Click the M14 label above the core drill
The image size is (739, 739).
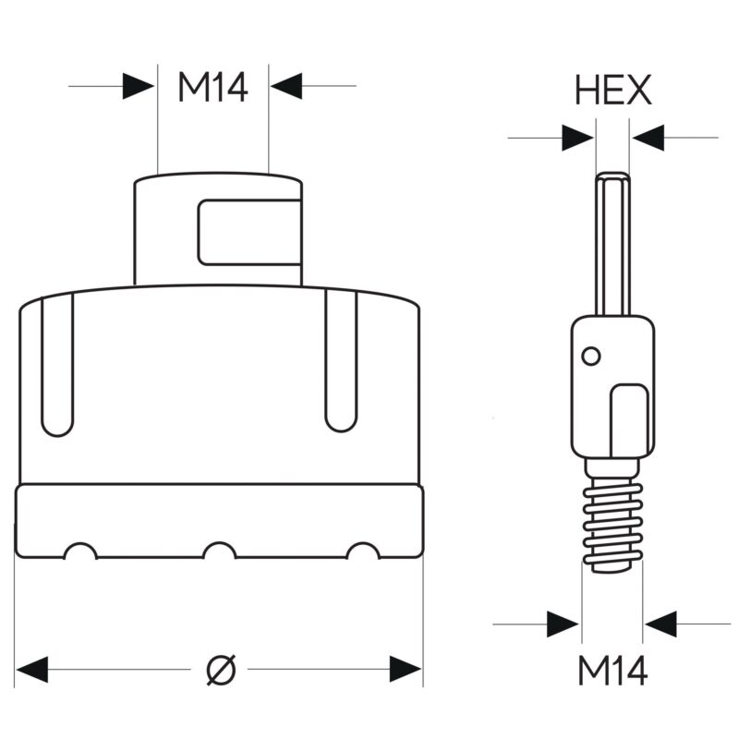212,88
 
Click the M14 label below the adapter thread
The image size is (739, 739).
612,671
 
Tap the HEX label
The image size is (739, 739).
613,90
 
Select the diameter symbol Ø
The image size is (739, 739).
221,669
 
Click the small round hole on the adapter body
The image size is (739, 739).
591,357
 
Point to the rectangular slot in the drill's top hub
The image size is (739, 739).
249,233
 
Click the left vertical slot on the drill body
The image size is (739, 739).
57,365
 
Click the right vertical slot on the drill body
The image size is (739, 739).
341,361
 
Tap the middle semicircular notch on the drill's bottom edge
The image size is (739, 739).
220,551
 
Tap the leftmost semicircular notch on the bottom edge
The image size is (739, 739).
80,551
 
